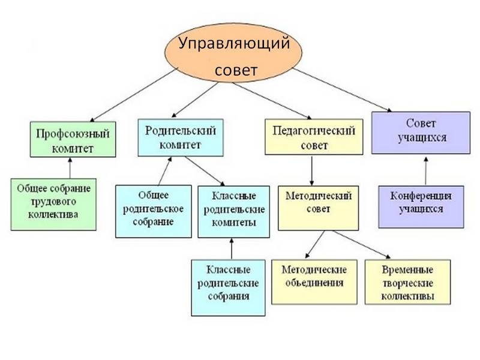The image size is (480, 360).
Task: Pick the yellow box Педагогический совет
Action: (314, 137)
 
